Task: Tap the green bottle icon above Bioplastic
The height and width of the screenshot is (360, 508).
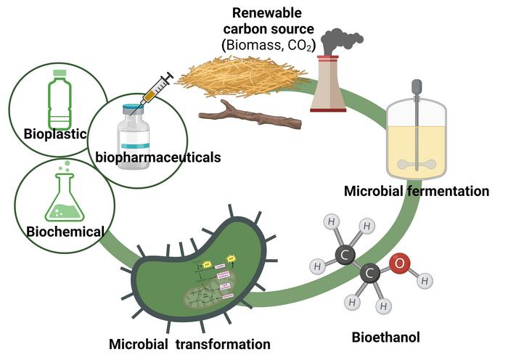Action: tap(60, 104)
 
